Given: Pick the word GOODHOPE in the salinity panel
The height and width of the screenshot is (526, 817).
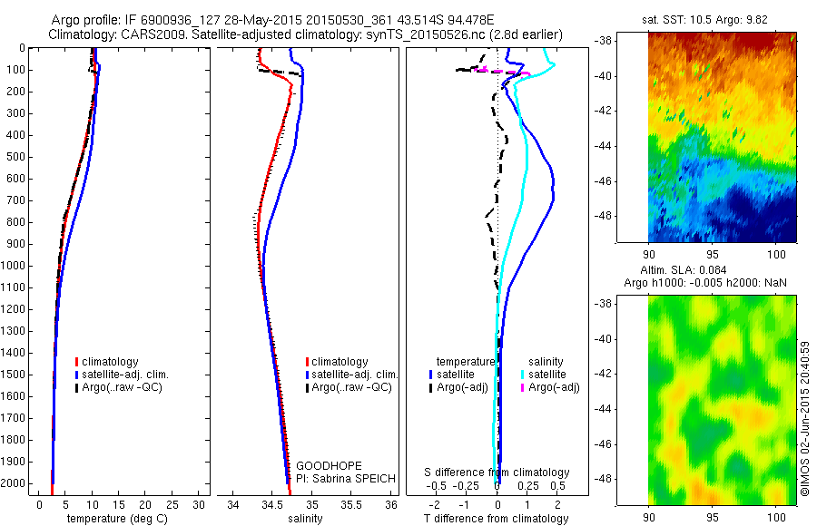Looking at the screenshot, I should tap(323, 465).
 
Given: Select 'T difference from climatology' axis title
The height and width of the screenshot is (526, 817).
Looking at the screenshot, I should tap(497, 519).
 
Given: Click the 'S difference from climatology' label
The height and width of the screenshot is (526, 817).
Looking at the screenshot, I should tap(497, 472).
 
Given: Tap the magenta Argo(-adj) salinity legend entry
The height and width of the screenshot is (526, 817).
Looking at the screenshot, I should tap(554, 387).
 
